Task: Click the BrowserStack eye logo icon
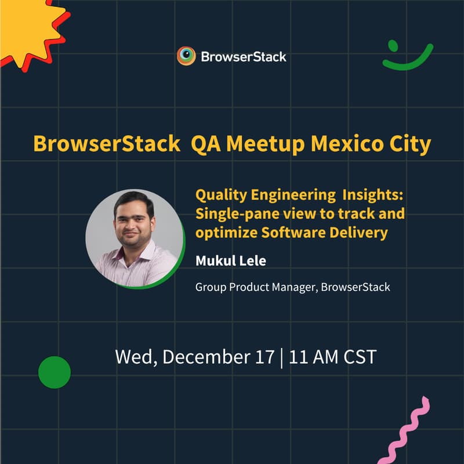186,56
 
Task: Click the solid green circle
55,372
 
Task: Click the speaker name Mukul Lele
231,261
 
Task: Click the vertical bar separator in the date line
281,356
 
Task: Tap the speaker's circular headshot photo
134,238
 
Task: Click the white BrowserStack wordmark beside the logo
244,57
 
